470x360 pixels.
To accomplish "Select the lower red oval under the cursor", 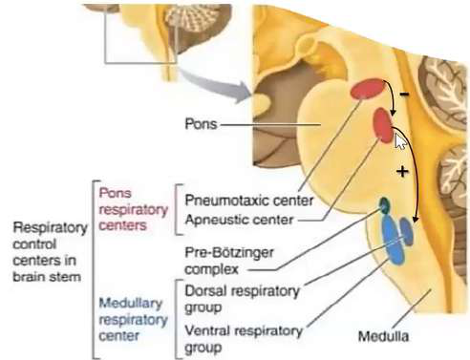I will pos(382,125).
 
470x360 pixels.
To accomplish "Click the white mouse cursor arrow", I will pos(399,141).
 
